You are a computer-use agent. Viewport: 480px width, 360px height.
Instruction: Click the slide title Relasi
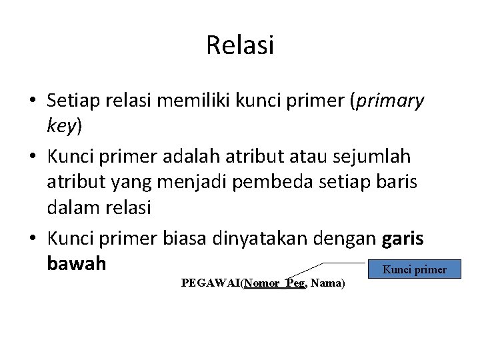pyautogui.click(x=240, y=45)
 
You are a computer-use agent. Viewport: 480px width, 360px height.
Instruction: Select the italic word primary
pyautogui.click(x=391, y=101)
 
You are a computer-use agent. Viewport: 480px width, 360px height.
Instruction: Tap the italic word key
pyautogui.click(x=62, y=125)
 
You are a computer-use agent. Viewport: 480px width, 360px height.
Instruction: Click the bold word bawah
pyautogui.click(x=77, y=263)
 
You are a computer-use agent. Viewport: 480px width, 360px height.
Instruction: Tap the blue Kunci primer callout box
pyautogui.click(x=414, y=269)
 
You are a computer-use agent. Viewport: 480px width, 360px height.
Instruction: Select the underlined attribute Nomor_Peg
pyautogui.click(x=275, y=283)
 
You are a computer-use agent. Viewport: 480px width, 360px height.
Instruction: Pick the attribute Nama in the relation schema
pyautogui.click(x=326, y=283)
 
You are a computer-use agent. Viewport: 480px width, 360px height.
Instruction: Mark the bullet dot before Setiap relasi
pyautogui.click(x=33, y=101)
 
